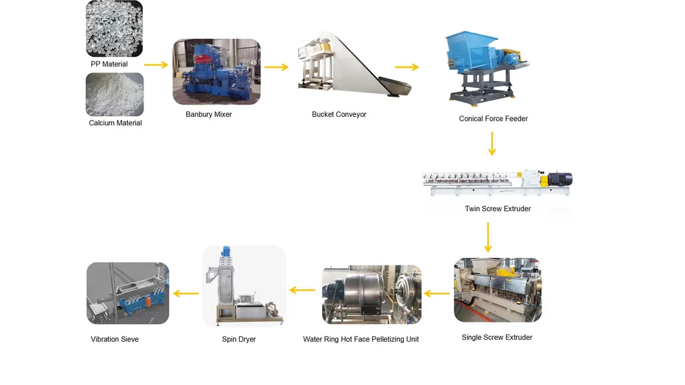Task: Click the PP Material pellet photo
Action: click(x=114, y=28)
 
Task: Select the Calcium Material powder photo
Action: click(x=114, y=94)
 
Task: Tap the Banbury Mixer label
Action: click(x=209, y=114)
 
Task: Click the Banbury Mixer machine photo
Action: click(x=216, y=72)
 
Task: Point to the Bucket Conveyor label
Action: click(x=339, y=114)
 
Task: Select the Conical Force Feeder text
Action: click(x=493, y=119)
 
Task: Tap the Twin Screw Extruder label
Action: click(x=498, y=209)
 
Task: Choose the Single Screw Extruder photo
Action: click(x=498, y=290)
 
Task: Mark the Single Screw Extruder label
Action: click(x=497, y=337)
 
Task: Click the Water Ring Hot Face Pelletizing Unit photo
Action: click(x=372, y=294)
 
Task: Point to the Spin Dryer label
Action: click(x=238, y=339)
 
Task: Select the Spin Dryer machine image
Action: click(x=244, y=286)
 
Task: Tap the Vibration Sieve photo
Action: click(x=128, y=293)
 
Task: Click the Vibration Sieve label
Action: click(x=114, y=339)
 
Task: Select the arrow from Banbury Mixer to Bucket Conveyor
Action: click(x=276, y=67)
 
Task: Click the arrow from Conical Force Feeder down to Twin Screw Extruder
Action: click(x=492, y=143)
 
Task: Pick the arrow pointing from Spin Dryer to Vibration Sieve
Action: click(x=186, y=293)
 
